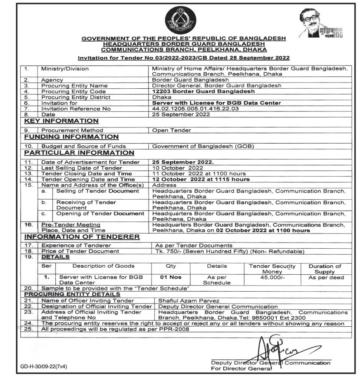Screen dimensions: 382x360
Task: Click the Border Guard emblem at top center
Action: coord(180,21)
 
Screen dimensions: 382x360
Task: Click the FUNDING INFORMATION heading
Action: coord(71,137)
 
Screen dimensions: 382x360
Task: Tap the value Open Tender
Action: coord(172,130)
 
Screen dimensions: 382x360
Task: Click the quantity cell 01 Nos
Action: coord(171,277)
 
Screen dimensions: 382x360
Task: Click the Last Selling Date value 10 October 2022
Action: coord(178,168)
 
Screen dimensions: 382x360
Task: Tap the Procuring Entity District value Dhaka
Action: coord(161,97)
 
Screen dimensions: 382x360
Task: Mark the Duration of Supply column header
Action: coord(325,269)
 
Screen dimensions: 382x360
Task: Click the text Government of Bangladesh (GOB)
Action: coord(203,146)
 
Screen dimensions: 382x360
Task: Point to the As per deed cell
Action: coord(326,278)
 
